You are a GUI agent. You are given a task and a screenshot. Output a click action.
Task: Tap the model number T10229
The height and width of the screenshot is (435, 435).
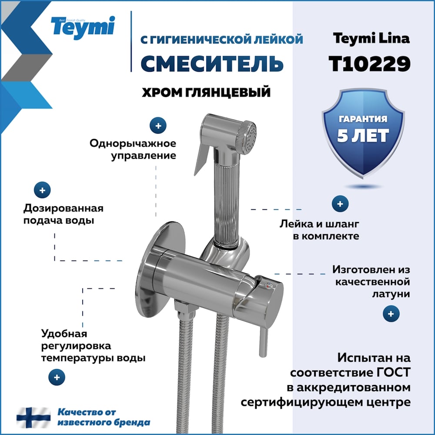pos(369,64)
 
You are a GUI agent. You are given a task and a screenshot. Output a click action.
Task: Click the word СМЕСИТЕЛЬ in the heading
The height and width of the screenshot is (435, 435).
pos(212,63)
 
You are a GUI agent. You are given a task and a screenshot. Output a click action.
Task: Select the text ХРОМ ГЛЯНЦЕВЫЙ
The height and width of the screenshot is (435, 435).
pos(206,92)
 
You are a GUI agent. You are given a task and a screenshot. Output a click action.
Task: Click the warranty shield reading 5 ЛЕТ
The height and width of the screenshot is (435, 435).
pos(363,133)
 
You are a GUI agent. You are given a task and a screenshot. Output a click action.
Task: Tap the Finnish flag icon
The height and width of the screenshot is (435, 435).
pos(33,418)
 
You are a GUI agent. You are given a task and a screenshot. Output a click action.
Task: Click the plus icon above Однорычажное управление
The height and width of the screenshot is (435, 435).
pos(158,126)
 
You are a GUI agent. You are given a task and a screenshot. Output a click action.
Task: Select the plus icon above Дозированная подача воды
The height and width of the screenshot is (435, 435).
pos(42,191)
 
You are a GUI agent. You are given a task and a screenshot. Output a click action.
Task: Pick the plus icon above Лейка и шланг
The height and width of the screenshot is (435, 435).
pos(340,204)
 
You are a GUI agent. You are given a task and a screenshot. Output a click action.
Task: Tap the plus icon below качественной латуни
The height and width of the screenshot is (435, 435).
pos(391,314)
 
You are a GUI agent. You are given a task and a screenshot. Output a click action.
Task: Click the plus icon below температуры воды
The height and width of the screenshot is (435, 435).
pos(57,377)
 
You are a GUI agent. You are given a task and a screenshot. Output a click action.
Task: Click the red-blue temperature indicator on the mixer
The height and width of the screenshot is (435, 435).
pos(268,285)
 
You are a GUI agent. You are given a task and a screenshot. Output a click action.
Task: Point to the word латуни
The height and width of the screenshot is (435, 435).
pos(391,294)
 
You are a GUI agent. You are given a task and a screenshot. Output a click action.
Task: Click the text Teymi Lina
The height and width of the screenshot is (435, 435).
pos(371,38)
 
